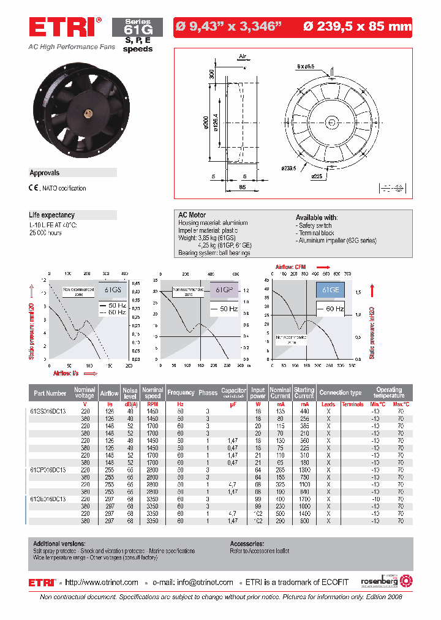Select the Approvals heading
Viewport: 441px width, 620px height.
click(45, 173)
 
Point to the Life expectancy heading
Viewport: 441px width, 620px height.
click(52, 215)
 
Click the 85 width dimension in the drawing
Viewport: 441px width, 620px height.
click(243, 187)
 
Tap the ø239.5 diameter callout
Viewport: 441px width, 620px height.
click(289, 167)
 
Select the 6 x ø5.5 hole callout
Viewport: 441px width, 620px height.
click(306, 66)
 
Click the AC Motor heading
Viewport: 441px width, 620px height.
click(192, 215)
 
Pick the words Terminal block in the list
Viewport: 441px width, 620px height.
click(317, 233)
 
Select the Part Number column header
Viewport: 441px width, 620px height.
click(50, 393)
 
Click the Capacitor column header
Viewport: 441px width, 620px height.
click(233, 391)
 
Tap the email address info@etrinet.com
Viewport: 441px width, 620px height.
click(203, 583)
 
